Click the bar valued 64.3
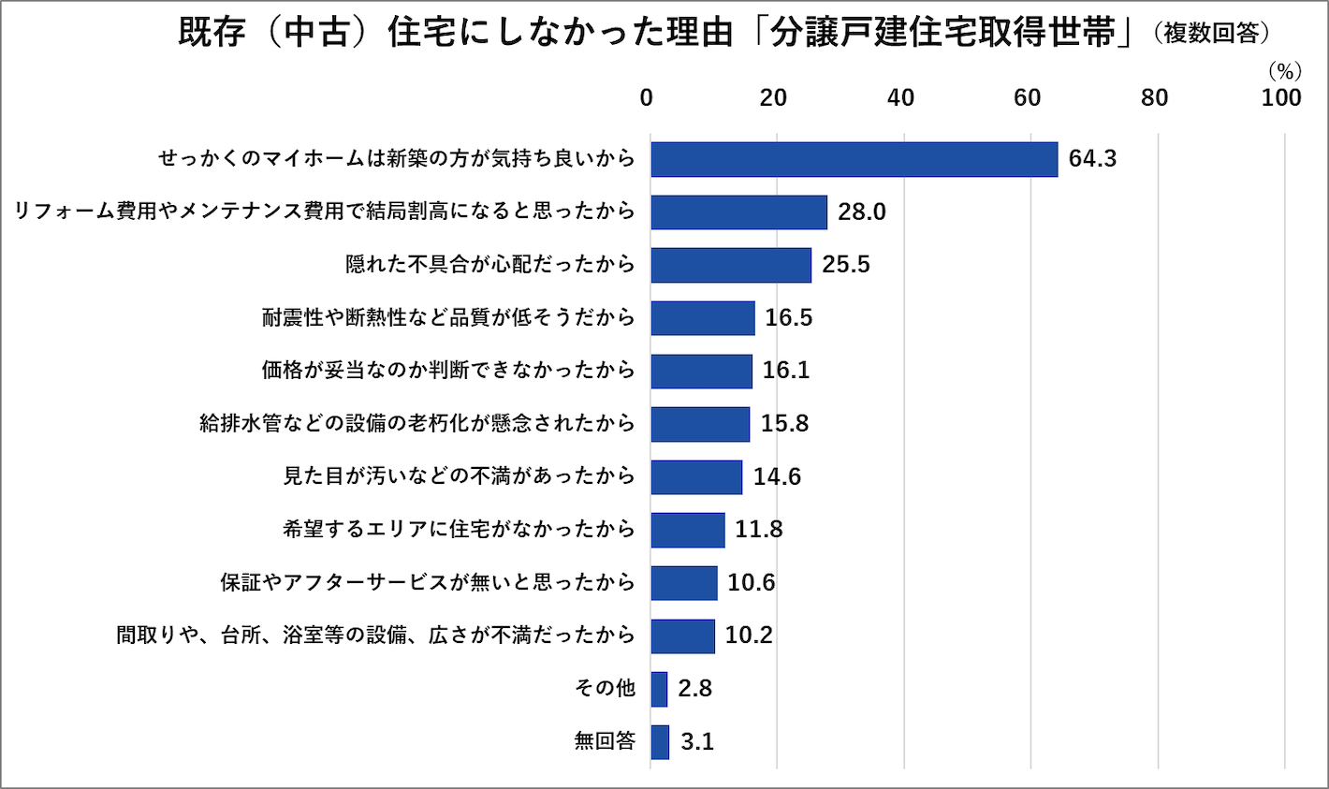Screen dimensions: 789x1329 (854, 159)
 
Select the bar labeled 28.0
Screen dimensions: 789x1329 (738, 212)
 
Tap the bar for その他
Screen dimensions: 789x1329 (659, 689)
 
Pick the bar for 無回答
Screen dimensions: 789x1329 (660, 742)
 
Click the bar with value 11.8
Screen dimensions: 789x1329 (688, 530)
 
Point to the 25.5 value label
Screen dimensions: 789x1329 (846, 265)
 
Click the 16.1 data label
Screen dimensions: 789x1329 (786, 371)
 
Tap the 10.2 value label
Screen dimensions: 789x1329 (749, 636)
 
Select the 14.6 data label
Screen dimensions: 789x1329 (777, 476)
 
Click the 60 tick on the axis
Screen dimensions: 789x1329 (1028, 98)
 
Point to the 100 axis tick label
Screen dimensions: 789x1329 (1280, 98)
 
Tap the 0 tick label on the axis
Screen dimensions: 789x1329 (647, 98)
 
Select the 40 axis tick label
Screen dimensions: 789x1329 (900, 98)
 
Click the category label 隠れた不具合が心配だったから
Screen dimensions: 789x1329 (490, 265)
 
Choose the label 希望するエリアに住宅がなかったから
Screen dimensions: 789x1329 (459, 530)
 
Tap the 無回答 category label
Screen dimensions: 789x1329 (605, 742)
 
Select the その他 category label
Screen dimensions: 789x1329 (605, 689)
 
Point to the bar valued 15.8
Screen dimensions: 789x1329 (700, 424)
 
